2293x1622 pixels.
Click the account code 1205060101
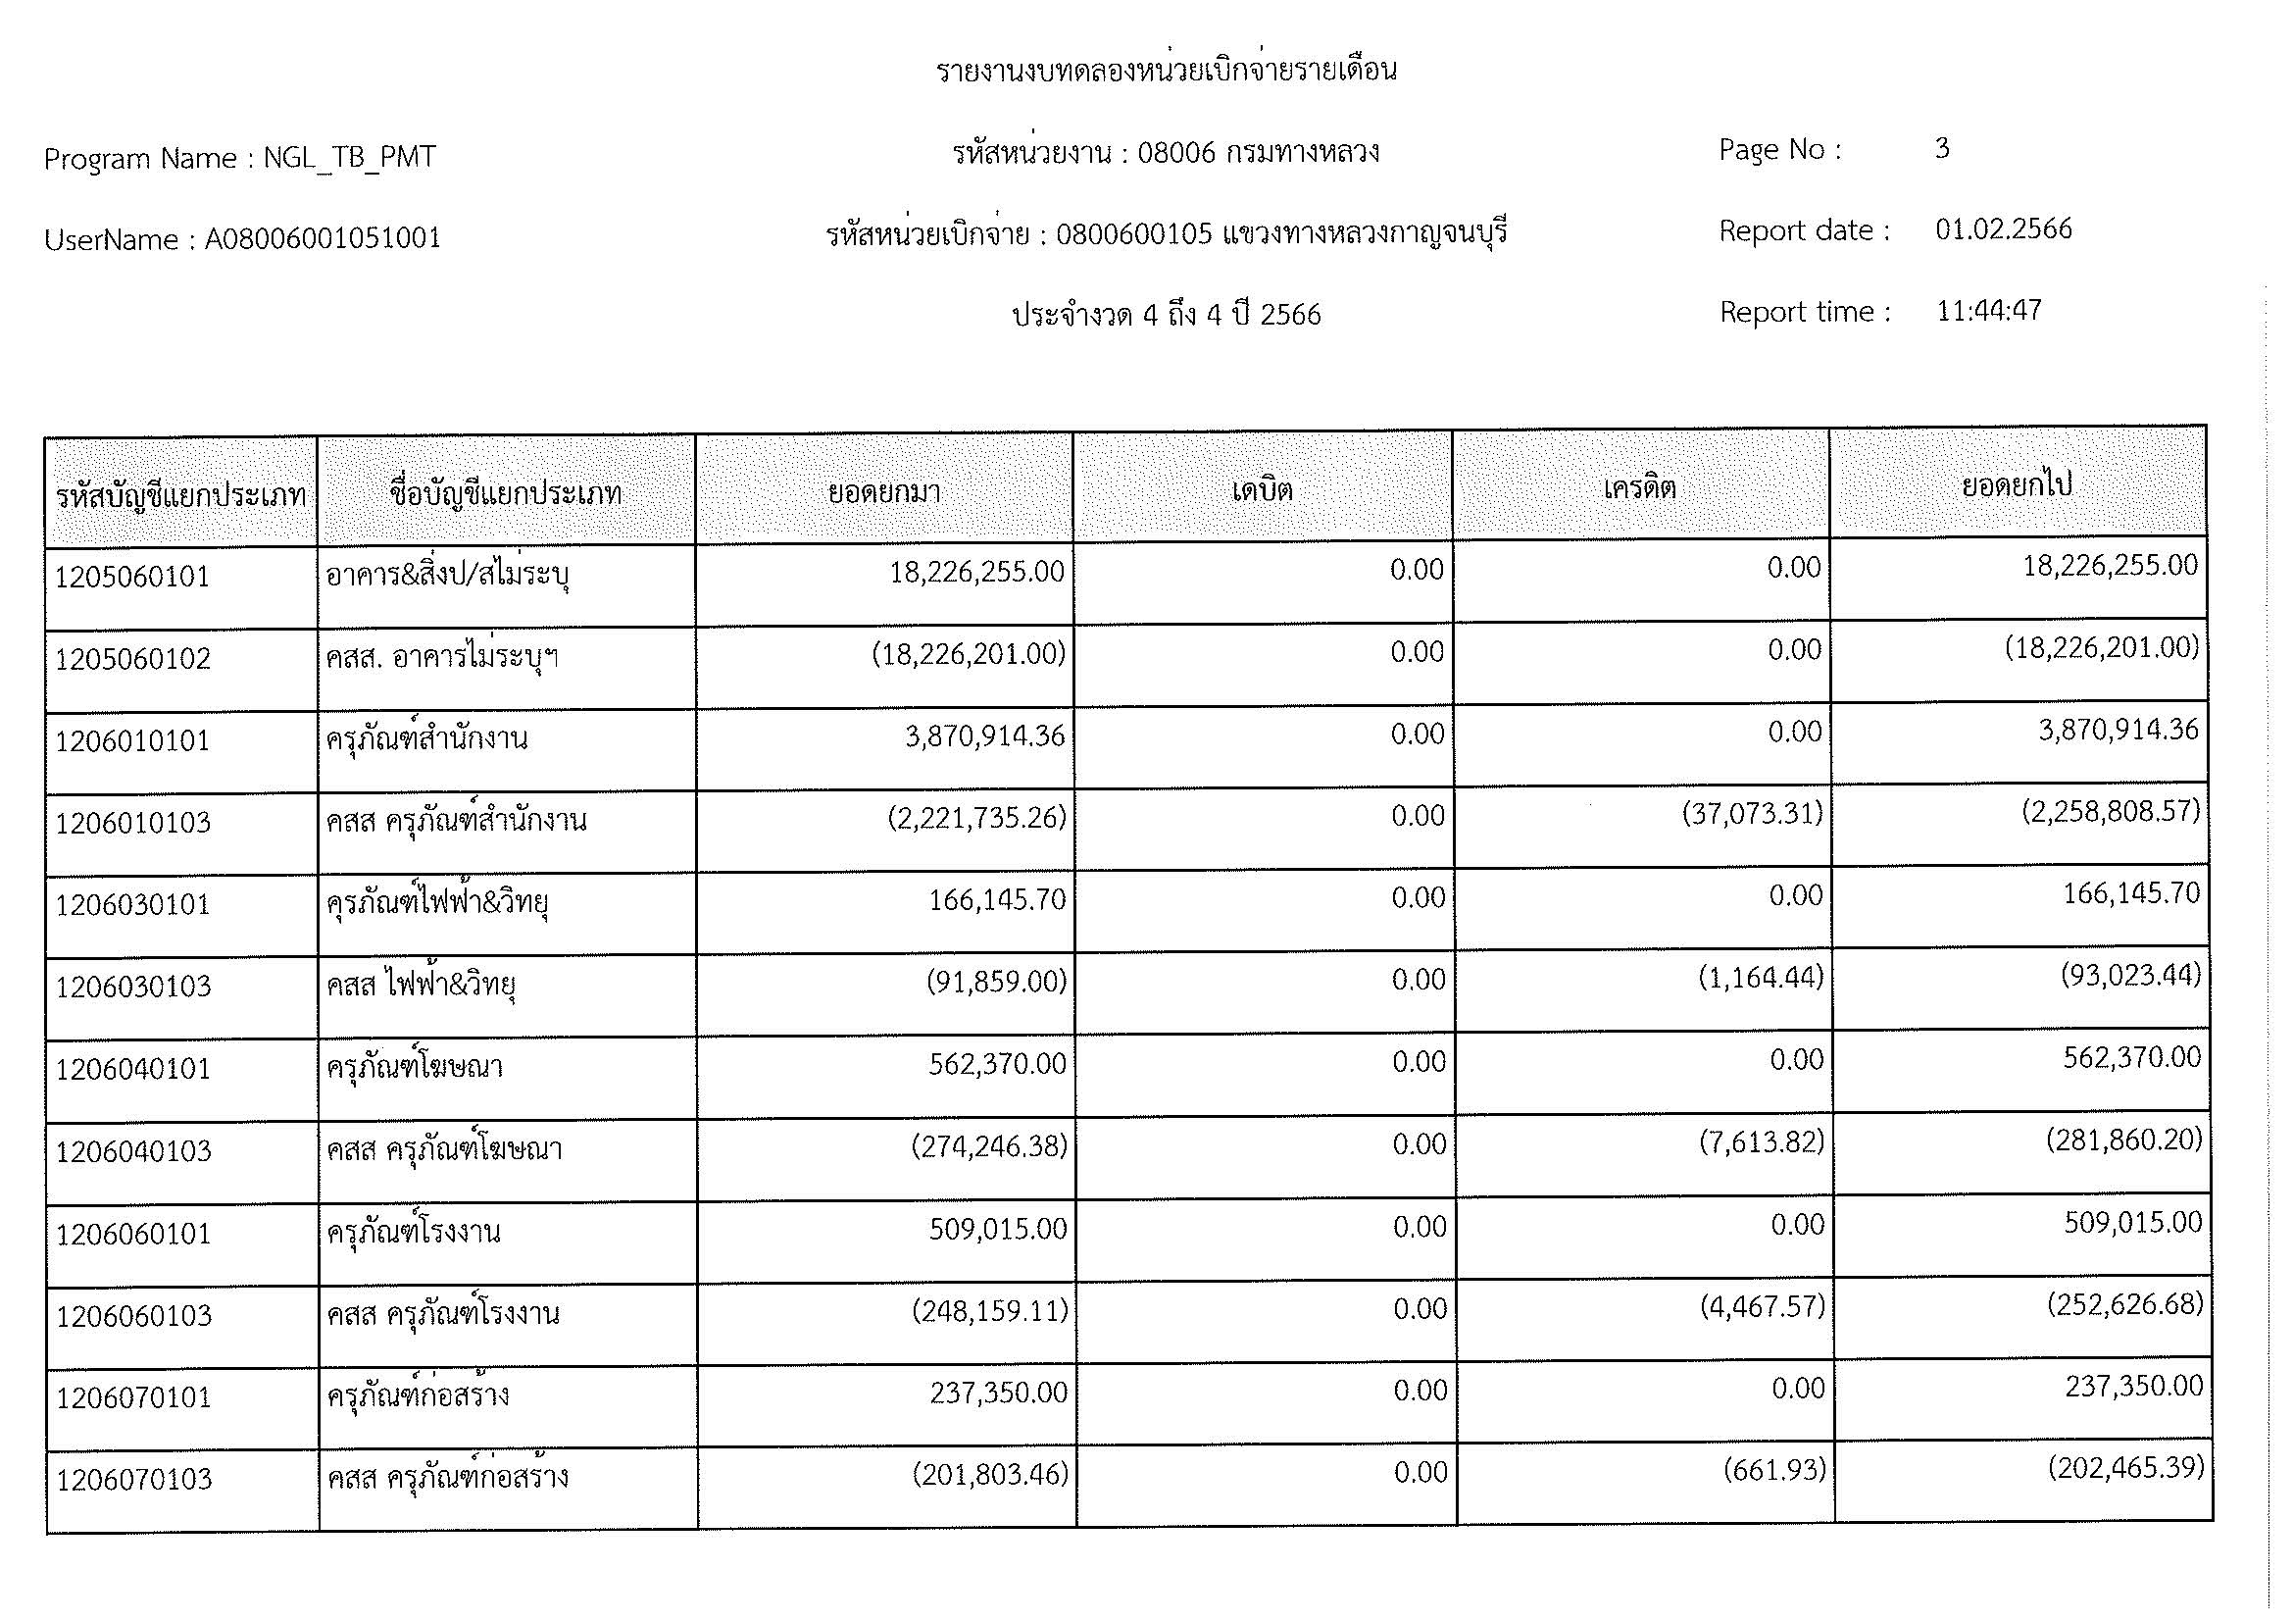132,578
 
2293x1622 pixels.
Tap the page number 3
1941,149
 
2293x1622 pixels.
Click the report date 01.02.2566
2004,229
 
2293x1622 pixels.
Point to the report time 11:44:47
1988,311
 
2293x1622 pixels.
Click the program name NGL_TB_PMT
350,158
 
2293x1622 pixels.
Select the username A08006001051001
323,238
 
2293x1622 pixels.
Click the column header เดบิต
1262,490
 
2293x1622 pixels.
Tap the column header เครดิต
1639,488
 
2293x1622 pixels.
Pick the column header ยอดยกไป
2017,485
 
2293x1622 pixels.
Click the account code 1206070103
134,1479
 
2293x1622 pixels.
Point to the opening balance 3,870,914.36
984,736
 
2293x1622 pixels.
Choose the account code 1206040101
134,1070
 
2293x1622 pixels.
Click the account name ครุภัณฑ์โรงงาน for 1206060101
415,1232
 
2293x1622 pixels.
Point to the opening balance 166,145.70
997,900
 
